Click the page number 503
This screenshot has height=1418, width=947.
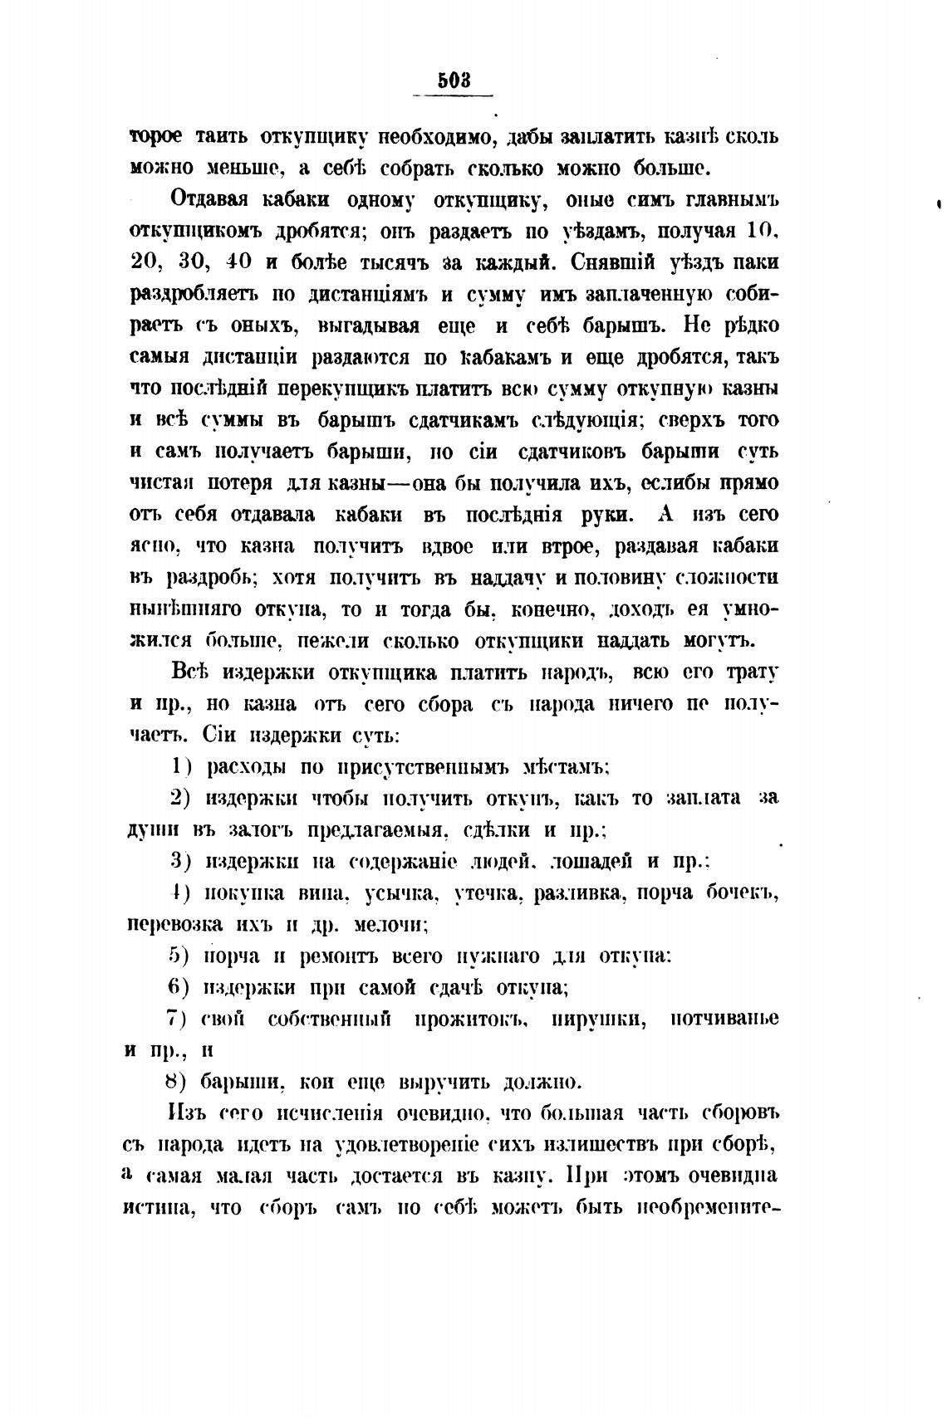pos(454,81)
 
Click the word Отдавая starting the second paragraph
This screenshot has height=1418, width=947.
pos(212,200)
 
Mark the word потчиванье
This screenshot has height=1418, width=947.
pos(724,1019)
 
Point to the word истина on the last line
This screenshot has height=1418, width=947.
pos(158,1208)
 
